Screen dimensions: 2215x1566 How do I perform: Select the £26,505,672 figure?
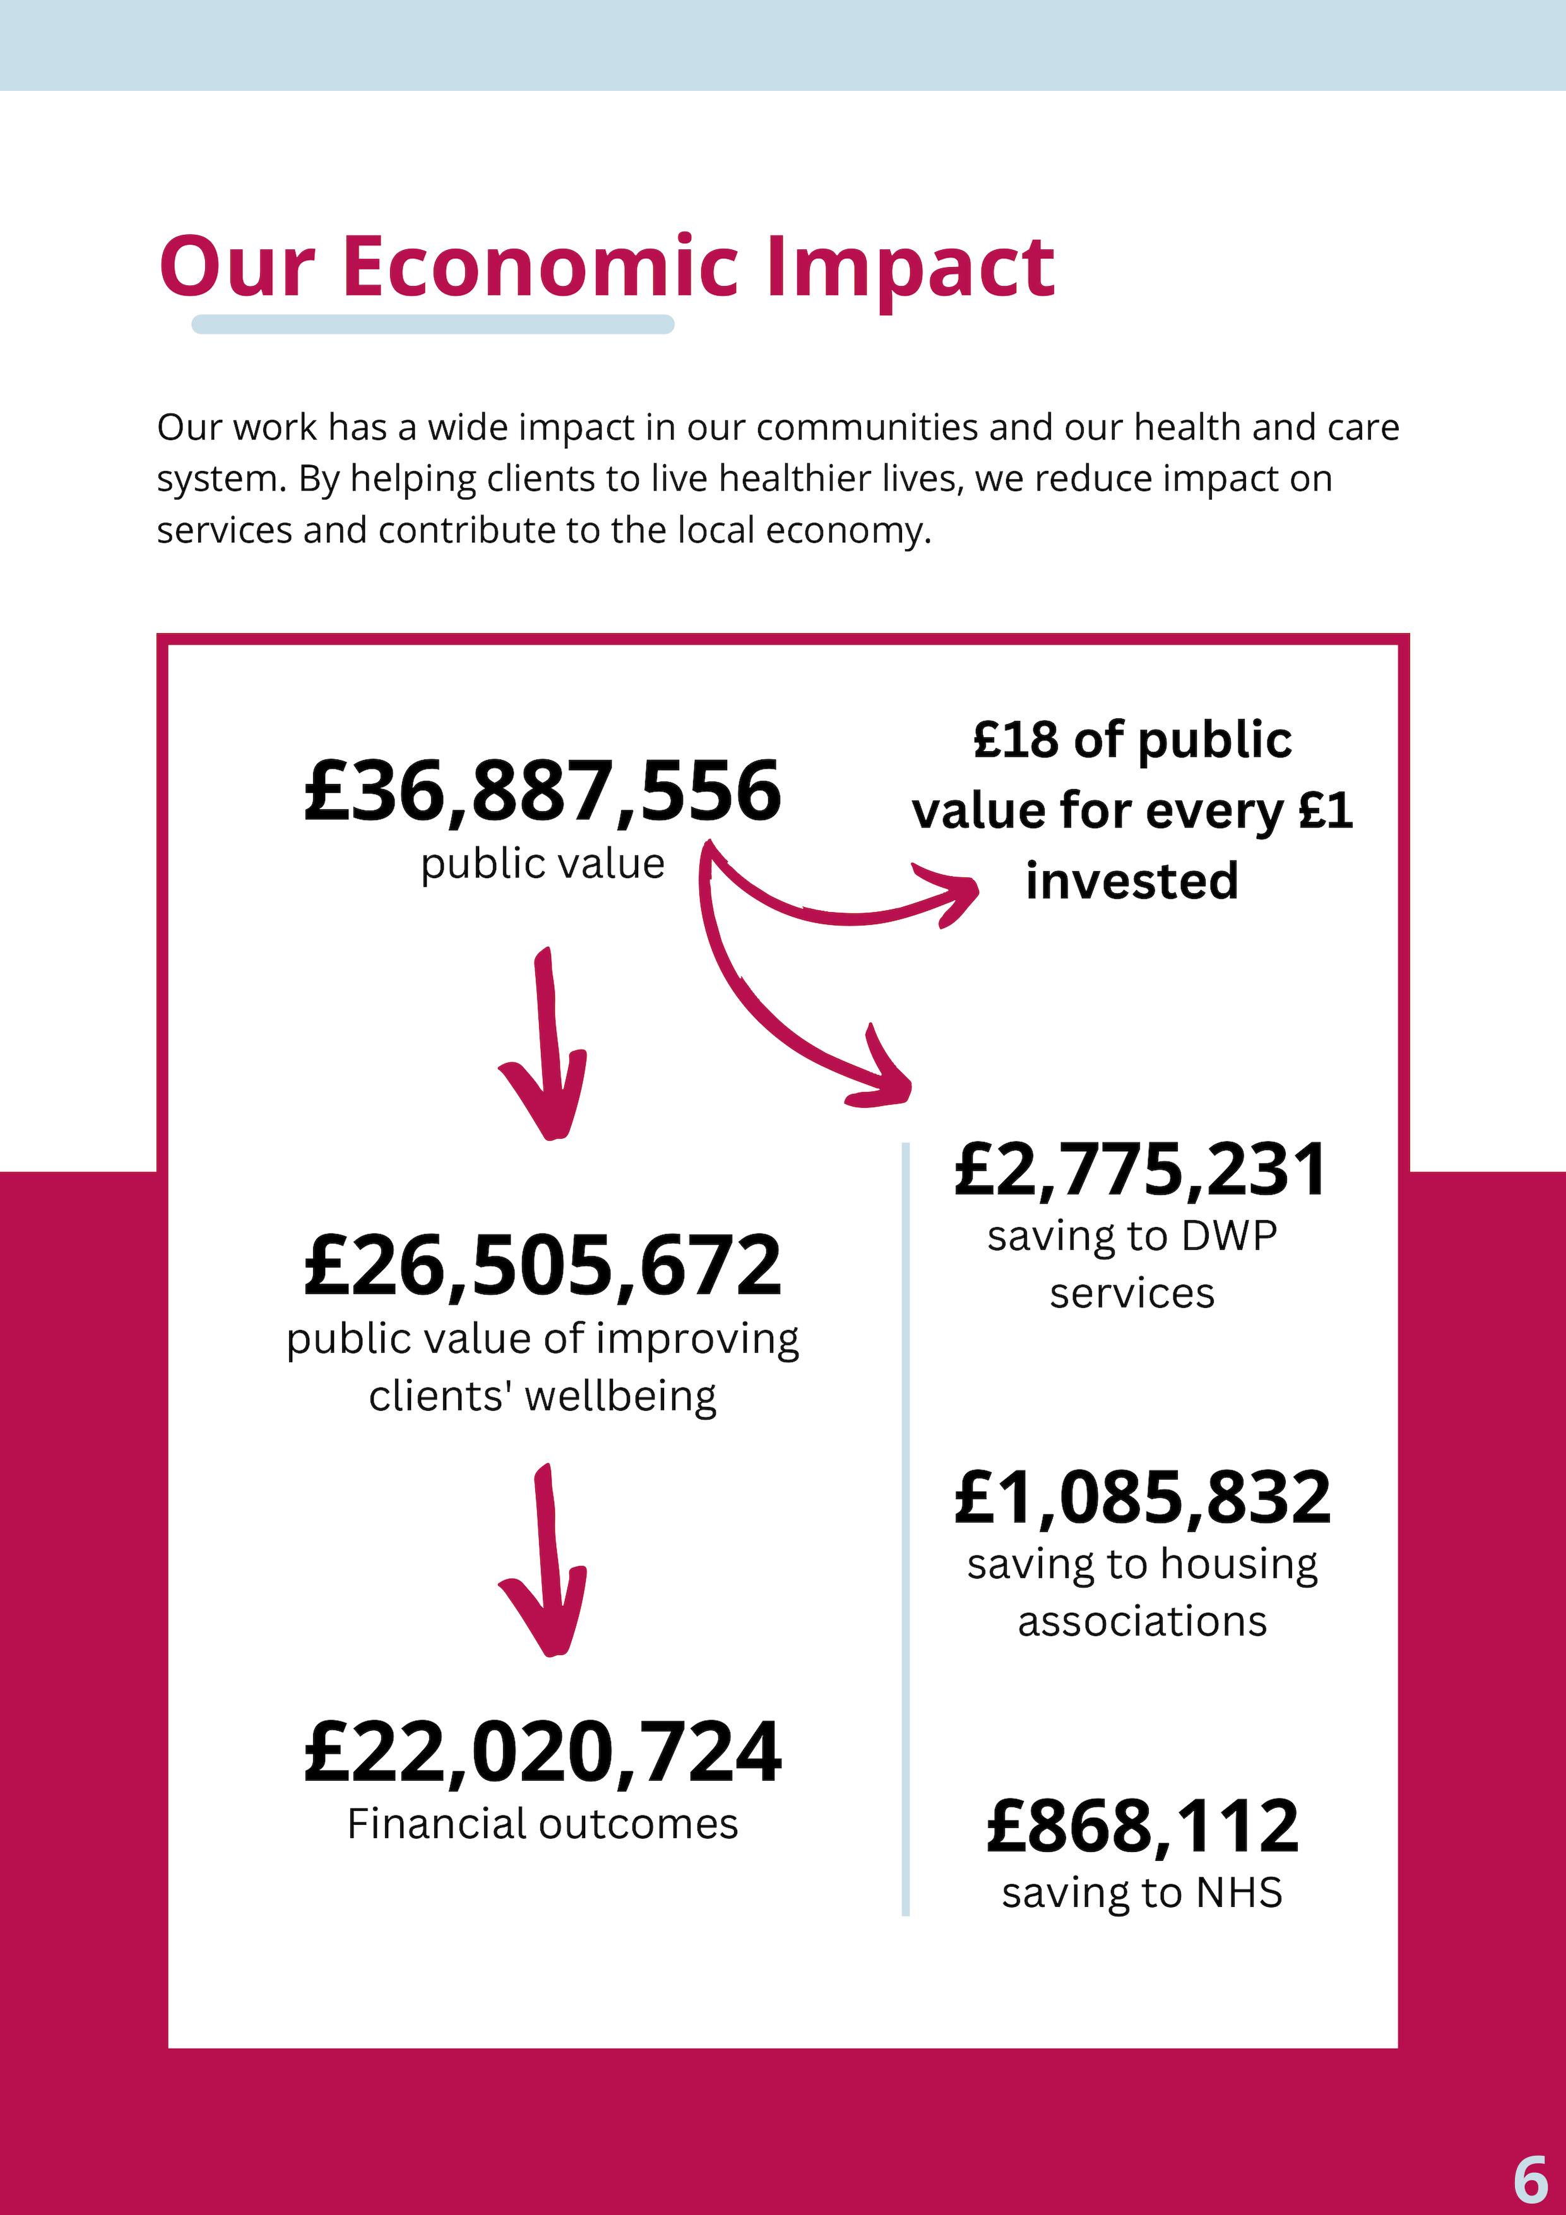542,1265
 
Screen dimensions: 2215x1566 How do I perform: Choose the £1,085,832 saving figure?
1141,1497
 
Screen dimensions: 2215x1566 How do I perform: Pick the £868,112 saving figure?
1141,1826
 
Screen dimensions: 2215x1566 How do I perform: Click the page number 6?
1529,2176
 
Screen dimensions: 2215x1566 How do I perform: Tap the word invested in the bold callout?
1132,881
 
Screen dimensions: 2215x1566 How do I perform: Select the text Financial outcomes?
542,1824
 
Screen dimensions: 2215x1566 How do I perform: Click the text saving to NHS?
1141,1893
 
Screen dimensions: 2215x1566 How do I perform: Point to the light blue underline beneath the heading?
432,324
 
